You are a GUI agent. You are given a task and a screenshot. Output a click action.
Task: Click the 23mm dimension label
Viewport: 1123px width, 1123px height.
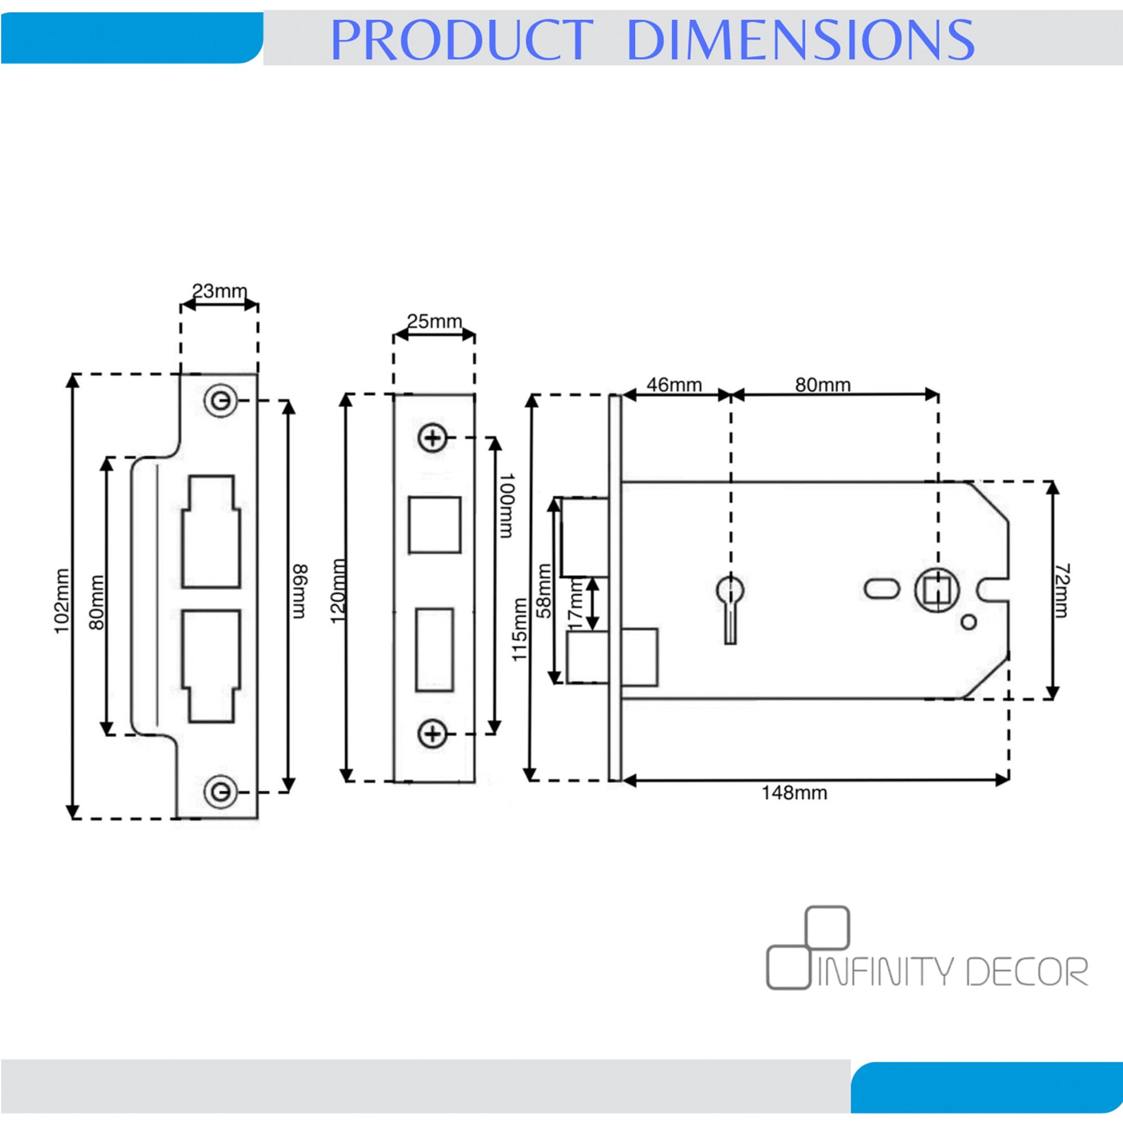(220, 290)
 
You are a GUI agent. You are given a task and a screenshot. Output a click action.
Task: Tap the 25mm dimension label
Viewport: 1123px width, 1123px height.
(434, 321)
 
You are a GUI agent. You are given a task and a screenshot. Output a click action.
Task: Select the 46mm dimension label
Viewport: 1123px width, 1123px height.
(674, 385)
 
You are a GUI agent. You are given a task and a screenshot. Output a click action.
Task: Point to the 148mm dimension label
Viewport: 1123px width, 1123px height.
(794, 793)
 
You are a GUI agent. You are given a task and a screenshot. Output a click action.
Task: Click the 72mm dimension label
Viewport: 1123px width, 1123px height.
(1061, 590)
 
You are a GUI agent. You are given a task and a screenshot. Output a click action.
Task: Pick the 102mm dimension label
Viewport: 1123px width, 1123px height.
(62, 601)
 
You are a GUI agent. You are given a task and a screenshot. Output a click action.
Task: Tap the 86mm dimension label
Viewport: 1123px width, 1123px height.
(299, 591)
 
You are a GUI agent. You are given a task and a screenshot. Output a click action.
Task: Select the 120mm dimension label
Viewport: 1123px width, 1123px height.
(337, 591)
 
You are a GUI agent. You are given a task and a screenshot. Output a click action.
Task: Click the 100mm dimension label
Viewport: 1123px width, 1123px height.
(507, 505)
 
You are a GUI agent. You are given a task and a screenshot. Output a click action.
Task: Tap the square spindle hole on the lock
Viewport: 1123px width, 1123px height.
(937, 591)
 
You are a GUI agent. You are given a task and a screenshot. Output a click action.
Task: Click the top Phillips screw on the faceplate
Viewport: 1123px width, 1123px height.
(432, 438)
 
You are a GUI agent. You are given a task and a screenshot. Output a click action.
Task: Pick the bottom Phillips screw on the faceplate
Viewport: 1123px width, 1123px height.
(432, 733)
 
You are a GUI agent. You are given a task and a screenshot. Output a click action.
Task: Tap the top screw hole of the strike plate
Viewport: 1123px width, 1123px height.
(220, 400)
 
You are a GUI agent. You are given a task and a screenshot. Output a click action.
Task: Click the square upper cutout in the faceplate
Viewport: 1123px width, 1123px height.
(434, 525)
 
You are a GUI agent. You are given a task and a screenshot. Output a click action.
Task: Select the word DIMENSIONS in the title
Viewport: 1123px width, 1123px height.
(800, 39)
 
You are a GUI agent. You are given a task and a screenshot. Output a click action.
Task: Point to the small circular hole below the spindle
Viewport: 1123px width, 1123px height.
(969, 623)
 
